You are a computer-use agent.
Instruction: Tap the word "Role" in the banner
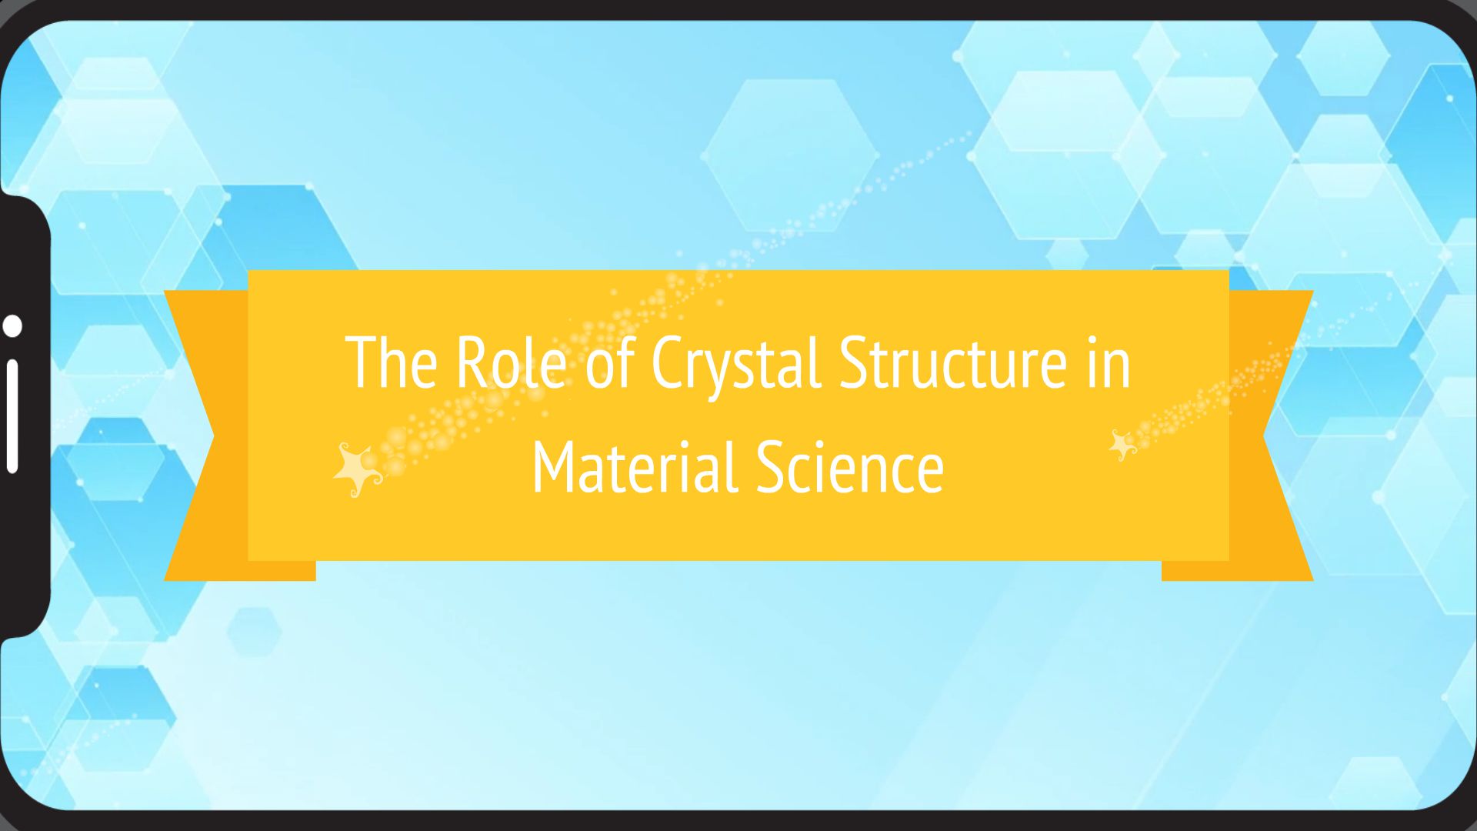(511, 362)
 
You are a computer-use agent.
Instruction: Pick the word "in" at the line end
(1109, 362)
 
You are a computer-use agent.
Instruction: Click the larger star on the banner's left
(357, 469)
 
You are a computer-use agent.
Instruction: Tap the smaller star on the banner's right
(1122, 446)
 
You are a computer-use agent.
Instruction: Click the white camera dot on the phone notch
(12, 325)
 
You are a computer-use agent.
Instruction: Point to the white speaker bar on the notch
(12, 415)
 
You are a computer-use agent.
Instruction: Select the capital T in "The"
(362, 362)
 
